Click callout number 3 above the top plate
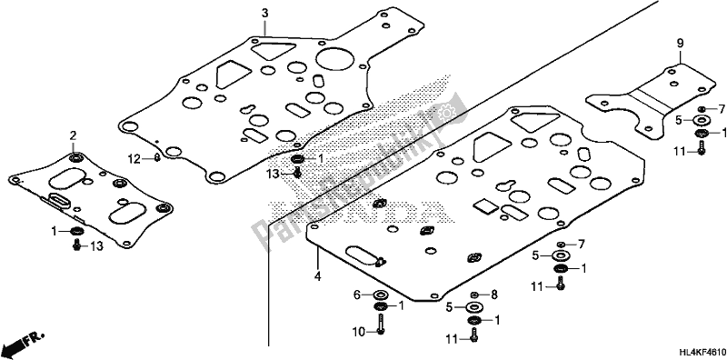(264, 13)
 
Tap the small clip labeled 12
(157, 158)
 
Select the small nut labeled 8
(474, 295)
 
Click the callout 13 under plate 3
(273, 173)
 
